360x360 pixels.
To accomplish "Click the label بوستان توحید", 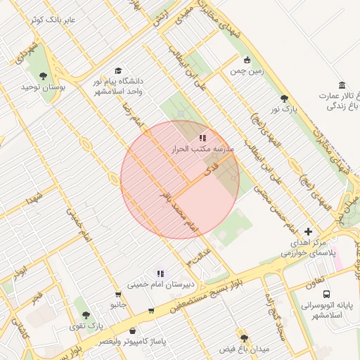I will (x=43, y=86).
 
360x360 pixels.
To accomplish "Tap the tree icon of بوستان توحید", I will (x=43, y=76).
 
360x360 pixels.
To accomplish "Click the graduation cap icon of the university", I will (x=118, y=71).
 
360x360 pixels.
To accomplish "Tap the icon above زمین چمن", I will (x=246, y=60).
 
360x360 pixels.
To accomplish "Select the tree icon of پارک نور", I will (x=284, y=99).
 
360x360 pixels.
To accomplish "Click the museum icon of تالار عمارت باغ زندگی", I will (x=342, y=85).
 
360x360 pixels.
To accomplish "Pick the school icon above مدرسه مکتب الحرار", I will (x=202, y=139).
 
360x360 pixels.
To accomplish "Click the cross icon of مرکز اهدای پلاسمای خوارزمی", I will (x=308, y=231).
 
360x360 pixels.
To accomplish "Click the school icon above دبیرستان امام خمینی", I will (x=160, y=274).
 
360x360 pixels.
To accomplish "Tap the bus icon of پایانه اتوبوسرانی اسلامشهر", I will (x=326, y=294).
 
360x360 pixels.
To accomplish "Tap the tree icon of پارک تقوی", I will (x=86, y=316).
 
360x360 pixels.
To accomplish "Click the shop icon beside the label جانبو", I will (x=118, y=295).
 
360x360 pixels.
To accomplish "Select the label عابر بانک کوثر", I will (x=53, y=19).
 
